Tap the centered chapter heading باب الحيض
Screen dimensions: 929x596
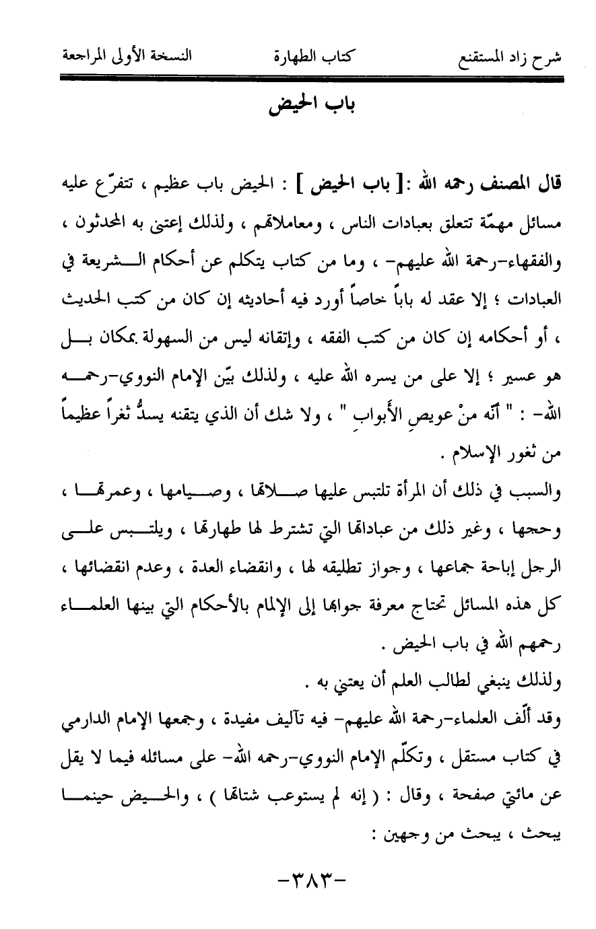click(298, 106)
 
